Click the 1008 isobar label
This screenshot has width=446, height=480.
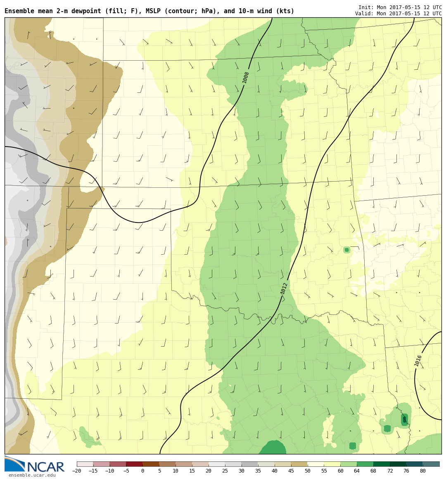click(246, 77)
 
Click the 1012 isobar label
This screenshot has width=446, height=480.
click(284, 288)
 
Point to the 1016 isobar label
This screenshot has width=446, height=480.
click(418, 360)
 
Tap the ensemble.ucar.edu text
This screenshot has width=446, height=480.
click(32, 475)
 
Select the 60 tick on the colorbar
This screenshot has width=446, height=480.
click(340, 471)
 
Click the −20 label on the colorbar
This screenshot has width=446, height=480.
click(76, 471)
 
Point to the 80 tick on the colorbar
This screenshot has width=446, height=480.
click(422, 471)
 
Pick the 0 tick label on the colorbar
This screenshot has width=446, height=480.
click(142, 471)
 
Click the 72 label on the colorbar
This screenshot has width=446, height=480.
click(389, 471)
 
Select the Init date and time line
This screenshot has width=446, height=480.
click(400, 7)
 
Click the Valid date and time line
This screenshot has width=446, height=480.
click(398, 14)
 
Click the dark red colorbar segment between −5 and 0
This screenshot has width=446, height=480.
click(134, 464)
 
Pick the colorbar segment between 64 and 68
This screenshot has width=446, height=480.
click(365, 464)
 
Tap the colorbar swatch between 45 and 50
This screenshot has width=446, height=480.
click(299, 464)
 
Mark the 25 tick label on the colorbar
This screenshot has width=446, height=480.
click(225, 471)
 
